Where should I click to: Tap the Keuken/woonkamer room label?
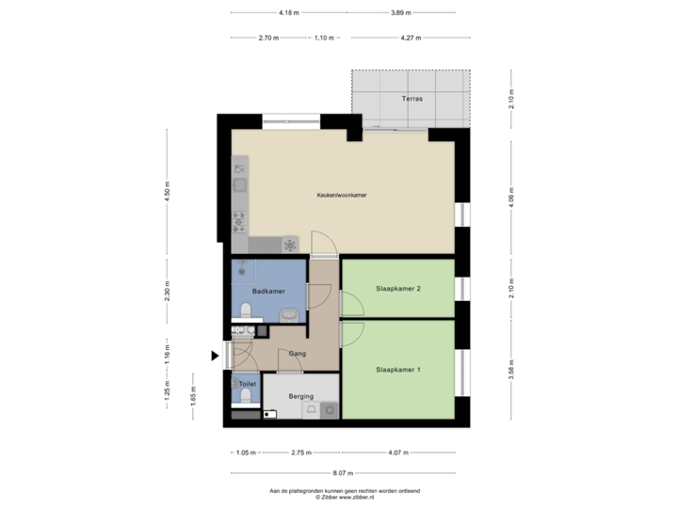point(342,195)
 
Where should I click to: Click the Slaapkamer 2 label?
point(397,288)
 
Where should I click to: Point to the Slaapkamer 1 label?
point(397,370)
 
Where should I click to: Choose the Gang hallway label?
point(298,354)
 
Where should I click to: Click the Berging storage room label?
point(301,397)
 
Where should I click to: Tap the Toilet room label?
point(247,385)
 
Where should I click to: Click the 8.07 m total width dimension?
point(343,473)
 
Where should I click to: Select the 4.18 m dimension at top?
point(289,12)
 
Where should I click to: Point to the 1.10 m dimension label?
point(323,39)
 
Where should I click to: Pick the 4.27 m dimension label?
point(410,39)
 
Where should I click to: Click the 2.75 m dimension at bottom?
point(300,452)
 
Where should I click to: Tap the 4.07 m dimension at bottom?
point(398,452)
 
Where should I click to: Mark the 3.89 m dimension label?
point(400,12)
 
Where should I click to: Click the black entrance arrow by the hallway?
point(215,356)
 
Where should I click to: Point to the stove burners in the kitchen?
point(239,222)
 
